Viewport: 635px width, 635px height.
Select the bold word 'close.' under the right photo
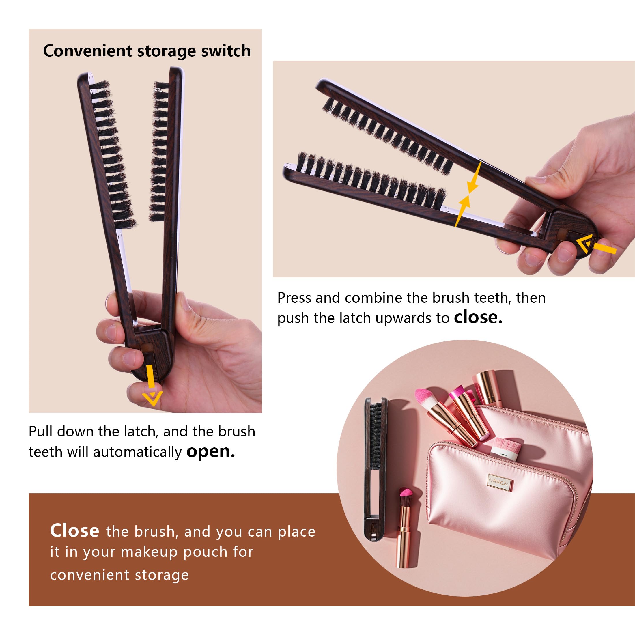point(478,317)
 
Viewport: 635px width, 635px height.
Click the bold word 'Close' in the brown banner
point(74,531)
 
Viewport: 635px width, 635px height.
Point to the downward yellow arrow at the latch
point(151,385)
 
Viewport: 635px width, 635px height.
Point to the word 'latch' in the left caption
point(140,431)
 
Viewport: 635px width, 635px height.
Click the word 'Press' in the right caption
point(294,298)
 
